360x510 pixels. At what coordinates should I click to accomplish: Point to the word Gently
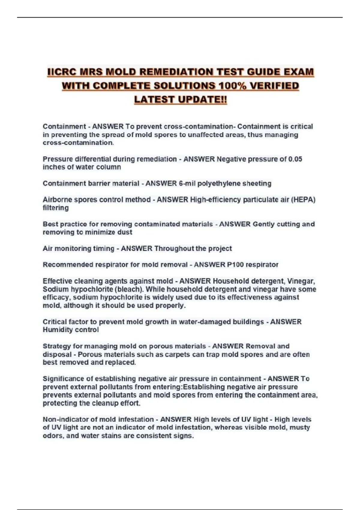click(x=263, y=224)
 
